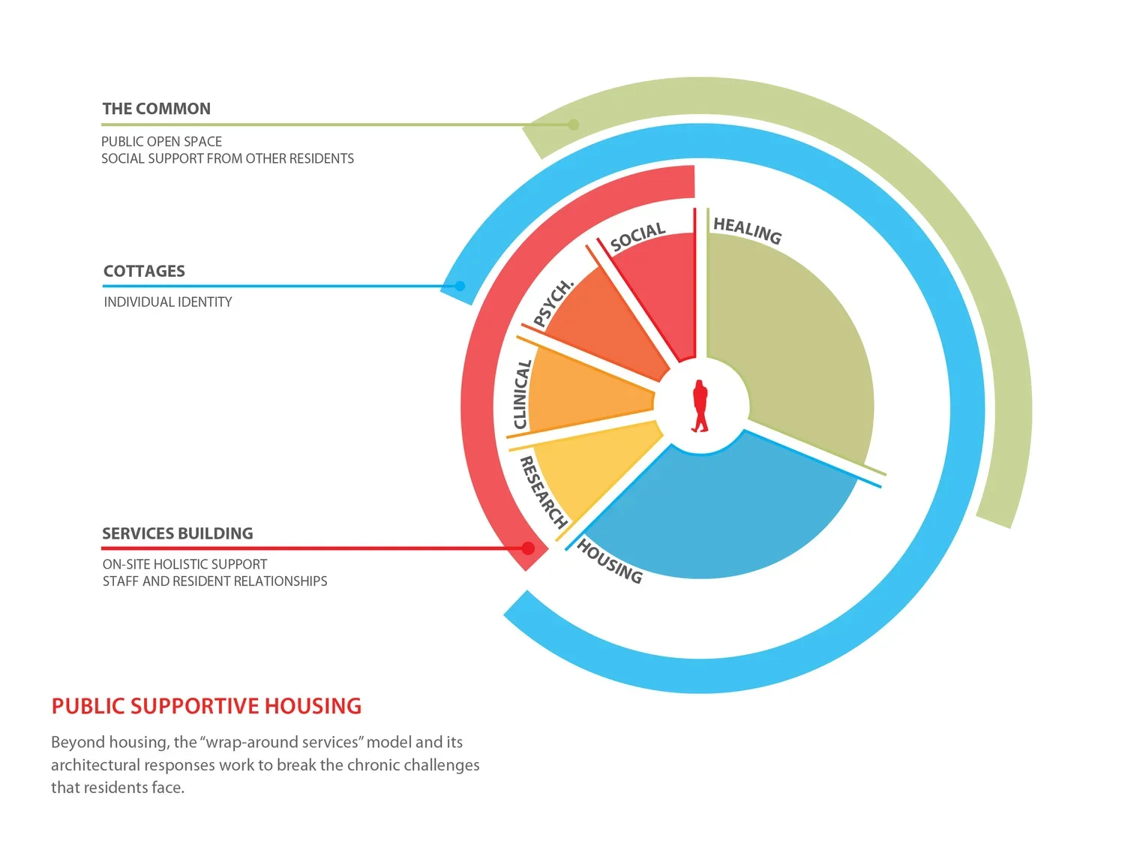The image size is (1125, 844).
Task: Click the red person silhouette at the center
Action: (700, 406)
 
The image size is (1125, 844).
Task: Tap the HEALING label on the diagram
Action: (747, 230)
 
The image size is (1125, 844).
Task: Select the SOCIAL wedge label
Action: (637, 237)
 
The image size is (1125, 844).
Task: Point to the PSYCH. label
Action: (553, 303)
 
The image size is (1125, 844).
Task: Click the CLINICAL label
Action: (522, 395)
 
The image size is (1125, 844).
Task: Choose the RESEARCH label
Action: (542, 492)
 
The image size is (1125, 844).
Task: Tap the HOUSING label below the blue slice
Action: (609, 561)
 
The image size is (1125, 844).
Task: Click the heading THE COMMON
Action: (156, 109)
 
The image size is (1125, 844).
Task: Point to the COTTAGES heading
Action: (144, 271)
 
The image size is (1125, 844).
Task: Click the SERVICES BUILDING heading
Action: (178, 533)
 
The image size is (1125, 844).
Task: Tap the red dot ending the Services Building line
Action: (528, 548)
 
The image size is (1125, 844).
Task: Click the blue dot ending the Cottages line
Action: (460, 286)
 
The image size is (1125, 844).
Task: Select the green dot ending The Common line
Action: (573, 125)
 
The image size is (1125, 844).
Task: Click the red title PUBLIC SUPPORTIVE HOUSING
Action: (206, 706)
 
